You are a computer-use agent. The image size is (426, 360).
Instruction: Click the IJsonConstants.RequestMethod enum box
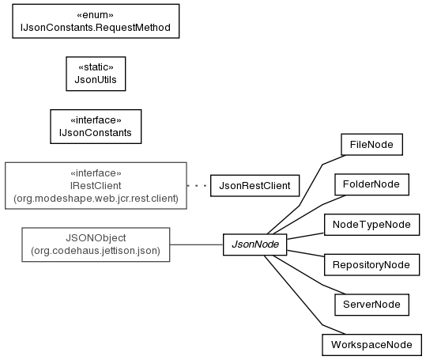(x=96, y=21)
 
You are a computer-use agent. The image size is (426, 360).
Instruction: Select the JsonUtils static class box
(x=96, y=74)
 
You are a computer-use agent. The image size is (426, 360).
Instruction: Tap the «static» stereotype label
(x=96, y=67)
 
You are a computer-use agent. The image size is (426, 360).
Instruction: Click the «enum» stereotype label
(x=95, y=15)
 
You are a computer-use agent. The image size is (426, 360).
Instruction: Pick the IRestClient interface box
(x=96, y=186)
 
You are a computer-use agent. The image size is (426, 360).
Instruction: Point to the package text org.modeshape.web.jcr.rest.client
(x=96, y=199)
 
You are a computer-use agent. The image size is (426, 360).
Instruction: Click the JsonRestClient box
(x=254, y=186)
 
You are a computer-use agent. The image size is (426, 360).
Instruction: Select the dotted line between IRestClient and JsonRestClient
(x=198, y=186)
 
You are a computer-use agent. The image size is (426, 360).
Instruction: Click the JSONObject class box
(x=96, y=244)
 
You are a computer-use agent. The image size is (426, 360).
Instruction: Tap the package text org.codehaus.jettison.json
(x=96, y=251)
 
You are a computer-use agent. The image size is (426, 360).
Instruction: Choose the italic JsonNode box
(x=254, y=244)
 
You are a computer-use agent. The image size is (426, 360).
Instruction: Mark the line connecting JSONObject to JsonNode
(x=197, y=244)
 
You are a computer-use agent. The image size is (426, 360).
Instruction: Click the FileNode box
(x=371, y=144)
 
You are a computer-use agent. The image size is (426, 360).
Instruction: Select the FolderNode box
(x=371, y=184)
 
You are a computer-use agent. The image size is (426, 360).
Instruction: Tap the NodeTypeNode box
(x=371, y=225)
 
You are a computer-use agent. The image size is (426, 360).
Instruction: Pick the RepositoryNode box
(x=371, y=265)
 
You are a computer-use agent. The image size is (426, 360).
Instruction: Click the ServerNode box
(x=371, y=305)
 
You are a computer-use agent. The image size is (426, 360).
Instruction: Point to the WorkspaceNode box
(x=371, y=345)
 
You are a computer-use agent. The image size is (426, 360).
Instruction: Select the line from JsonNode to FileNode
(x=300, y=206)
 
